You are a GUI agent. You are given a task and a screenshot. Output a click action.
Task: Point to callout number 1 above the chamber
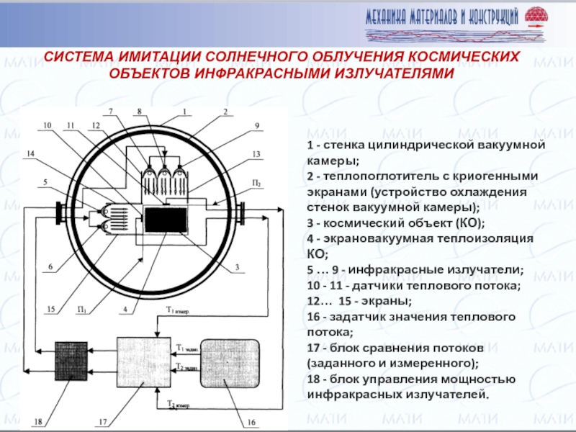[x=184, y=112]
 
